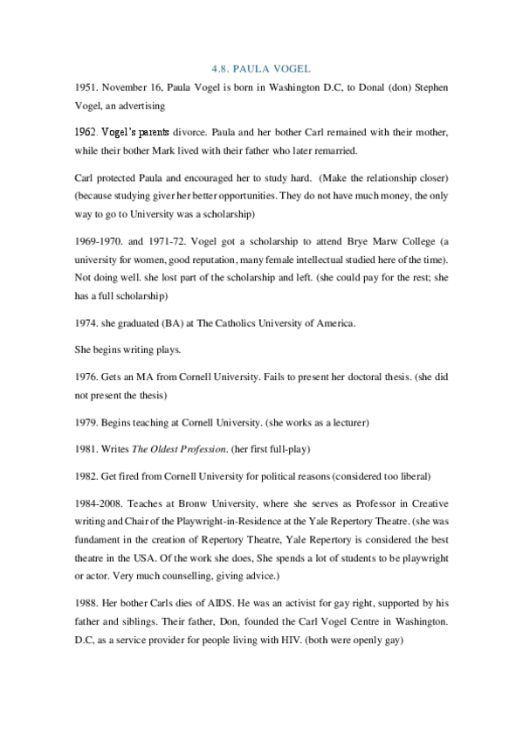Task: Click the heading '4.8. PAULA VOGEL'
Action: pos(261,67)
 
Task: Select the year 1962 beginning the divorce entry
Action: pos(86,132)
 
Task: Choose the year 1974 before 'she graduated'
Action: pos(84,323)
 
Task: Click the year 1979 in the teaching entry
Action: pos(84,422)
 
